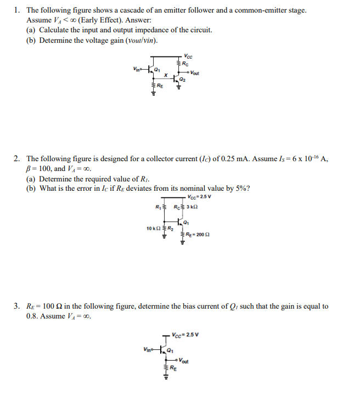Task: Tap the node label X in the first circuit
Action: coord(166,75)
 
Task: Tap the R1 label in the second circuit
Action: coord(158,206)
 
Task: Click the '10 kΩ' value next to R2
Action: coord(153,228)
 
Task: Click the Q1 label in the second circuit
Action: coord(187,223)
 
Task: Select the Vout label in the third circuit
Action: coord(184,361)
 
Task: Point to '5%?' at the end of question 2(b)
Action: coord(243,189)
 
